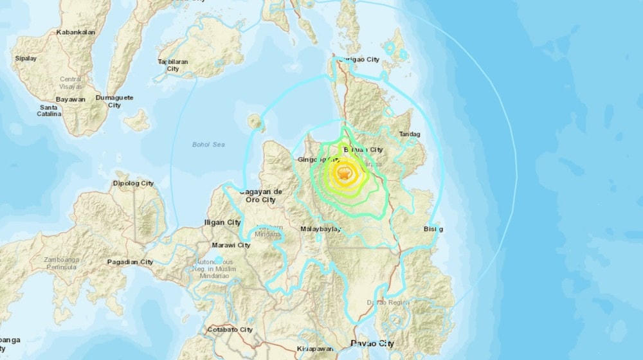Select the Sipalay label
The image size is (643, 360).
click(x=26, y=59)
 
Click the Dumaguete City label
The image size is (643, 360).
click(x=114, y=101)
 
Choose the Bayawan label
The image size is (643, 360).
click(x=71, y=100)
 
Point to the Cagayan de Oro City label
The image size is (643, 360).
click(x=260, y=195)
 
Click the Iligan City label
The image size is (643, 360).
click(x=222, y=222)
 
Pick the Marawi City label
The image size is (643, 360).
click(x=231, y=245)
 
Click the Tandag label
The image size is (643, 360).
click(x=409, y=134)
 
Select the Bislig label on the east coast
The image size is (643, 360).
click(x=433, y=229)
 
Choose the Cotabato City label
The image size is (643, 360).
click(x=230, y=330)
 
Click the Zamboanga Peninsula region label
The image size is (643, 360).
click(x=62, y=262)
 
